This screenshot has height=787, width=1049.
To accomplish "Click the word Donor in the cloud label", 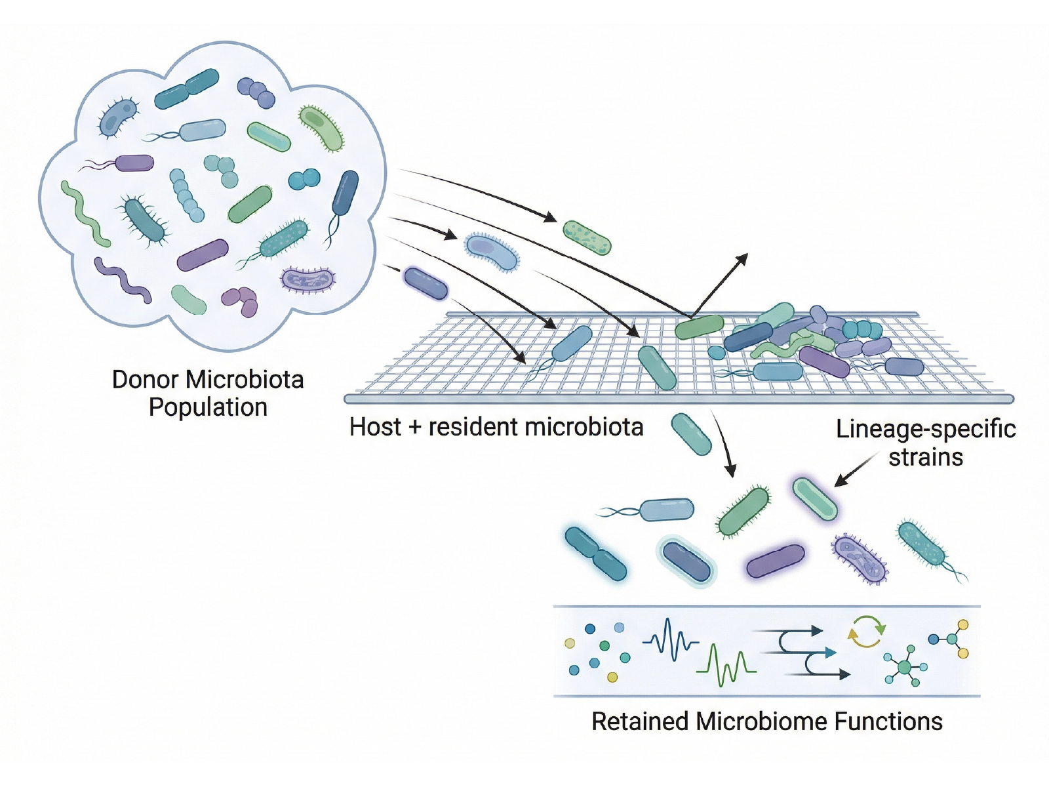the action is [145, 380].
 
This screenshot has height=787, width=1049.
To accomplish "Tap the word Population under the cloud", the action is [208, 407].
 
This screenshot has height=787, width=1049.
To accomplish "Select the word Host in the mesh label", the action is [375, 427].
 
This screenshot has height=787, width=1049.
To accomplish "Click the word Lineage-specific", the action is [926, 429].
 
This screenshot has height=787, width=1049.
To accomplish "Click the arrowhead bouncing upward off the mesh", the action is [742, 260].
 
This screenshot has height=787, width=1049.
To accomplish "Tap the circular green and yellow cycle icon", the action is [867, 632].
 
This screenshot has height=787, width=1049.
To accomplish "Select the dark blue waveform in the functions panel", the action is [671, 640].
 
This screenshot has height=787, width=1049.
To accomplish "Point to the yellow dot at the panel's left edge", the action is [570, 643].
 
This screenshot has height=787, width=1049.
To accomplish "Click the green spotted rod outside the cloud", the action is [587, 237].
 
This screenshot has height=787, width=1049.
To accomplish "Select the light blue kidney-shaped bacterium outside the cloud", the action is [492, 252].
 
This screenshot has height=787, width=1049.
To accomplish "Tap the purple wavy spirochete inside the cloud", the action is [123, 280].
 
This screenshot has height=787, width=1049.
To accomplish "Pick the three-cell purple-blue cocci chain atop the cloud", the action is [256, 92].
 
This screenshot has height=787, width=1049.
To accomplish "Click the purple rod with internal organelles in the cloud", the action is [307, 279].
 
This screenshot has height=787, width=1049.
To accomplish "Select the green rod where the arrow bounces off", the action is [699, 327].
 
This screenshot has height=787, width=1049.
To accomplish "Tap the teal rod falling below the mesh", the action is [692, 434].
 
